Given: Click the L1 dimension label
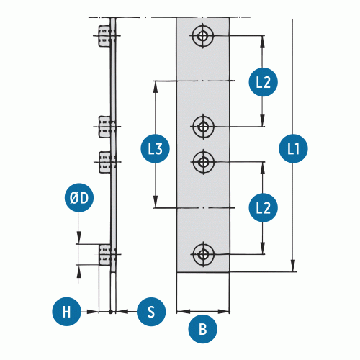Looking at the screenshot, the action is click(x=293, y=148).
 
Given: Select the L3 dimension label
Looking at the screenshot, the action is click(x=155, y=148).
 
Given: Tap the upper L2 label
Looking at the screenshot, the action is click(x=264, y=82).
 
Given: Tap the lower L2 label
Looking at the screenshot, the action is click(x=264, y=207).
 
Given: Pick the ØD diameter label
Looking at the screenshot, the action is click(x=79, y=198).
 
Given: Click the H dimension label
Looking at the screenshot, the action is click(x=66, y=312).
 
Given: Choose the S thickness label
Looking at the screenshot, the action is click(x=151, y=312).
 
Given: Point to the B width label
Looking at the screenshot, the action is click(x=203, y=329).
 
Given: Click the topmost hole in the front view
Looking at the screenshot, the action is click(x=203, y=36).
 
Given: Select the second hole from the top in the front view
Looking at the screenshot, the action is click(x=204, y=127).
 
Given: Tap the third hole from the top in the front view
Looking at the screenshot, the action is click(x=204, y=162).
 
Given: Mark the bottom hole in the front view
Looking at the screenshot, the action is click(x=204, y=254).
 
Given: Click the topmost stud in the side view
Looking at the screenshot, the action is click(x=105, y=36).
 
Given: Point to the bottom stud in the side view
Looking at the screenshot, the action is click(x=105, y=255).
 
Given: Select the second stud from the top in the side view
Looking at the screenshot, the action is click(x=105, y=127).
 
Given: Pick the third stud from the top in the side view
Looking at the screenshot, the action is click(x=105, y=162).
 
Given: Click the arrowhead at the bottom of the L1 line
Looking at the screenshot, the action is click(x=293, y=266).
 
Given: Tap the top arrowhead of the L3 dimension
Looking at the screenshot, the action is click(x=156, y=87).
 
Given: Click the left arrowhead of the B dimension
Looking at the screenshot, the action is click(x=183, y=312).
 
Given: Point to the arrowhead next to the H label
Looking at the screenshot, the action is click(x=93, y=312).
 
